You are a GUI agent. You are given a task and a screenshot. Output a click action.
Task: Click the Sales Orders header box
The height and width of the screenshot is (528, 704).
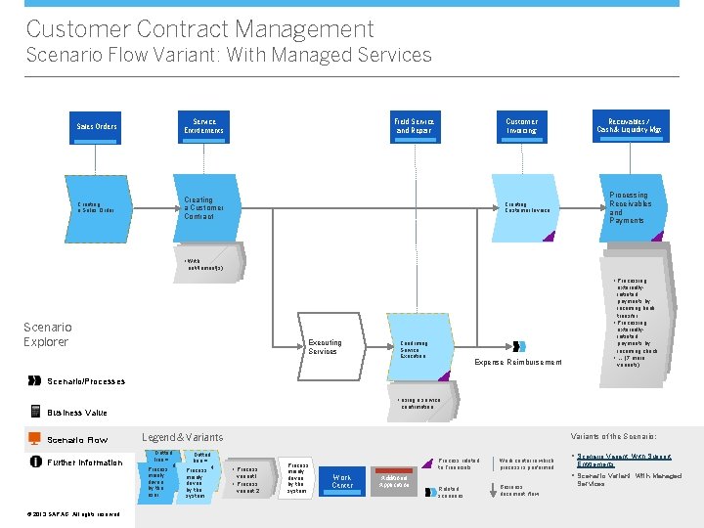(96, 126)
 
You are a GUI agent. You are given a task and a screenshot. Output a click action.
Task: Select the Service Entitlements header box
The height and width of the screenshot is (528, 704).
(203, 126)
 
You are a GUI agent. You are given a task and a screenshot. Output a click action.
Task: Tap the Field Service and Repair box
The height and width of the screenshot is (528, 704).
(415, 126)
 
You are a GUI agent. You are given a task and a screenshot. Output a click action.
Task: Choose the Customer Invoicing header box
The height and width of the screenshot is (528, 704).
(521, 126)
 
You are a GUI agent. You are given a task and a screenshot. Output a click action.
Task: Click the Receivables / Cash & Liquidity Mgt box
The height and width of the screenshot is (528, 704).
(629, 126)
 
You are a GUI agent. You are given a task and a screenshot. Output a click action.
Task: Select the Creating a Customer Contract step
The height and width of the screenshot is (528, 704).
(205, 207)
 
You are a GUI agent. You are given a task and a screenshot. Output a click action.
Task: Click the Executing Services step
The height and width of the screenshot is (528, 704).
(325, 347)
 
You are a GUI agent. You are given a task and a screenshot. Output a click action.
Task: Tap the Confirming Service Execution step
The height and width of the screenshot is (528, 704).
(418, 348)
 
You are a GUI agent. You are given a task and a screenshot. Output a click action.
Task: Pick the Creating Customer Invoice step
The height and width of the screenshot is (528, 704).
(528, 207)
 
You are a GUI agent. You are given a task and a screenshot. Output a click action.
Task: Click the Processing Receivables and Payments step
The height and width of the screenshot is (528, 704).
(629, 207)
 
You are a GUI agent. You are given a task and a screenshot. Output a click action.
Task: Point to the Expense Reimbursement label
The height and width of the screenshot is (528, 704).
(517, 363)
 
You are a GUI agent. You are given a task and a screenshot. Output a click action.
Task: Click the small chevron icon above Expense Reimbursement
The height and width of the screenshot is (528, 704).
(519, 346)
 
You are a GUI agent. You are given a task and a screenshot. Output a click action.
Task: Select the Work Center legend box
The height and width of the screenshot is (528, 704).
(342, 480)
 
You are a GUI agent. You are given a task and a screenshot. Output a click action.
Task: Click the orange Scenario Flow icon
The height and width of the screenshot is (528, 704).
(35, 439)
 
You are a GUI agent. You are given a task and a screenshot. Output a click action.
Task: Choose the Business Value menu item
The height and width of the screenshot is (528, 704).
(77, 413)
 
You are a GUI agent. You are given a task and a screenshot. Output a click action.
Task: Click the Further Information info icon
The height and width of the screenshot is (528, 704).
(35, 462)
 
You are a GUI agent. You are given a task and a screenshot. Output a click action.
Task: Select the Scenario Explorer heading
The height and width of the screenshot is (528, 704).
(47, 334)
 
